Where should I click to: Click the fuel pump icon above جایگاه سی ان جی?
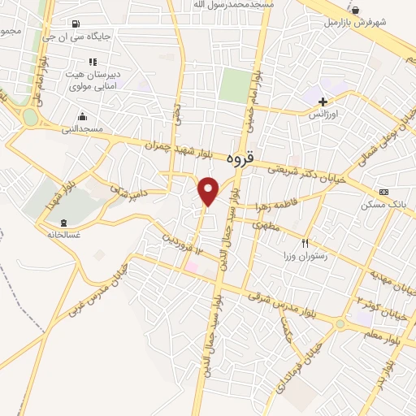76,24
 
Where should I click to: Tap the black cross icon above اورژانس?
323,102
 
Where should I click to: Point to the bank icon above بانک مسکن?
383,192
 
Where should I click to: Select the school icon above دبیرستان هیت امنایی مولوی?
93,62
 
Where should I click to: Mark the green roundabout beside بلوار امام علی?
31,117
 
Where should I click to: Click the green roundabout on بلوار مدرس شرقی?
340,323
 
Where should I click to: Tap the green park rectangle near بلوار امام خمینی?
235,86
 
